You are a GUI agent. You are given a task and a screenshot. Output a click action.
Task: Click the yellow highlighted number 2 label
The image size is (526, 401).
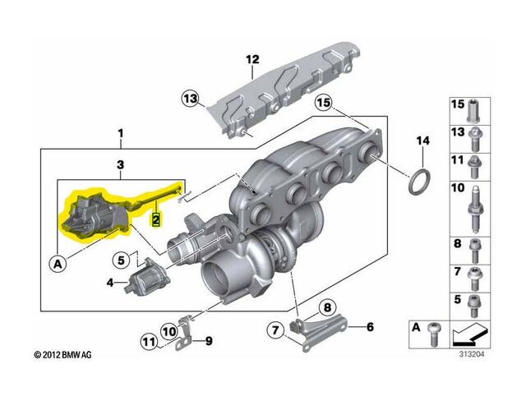point(155,219)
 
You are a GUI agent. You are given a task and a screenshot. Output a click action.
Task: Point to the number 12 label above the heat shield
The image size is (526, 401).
point(252,59)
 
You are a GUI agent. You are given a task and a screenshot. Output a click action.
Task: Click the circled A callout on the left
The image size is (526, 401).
point(58,264)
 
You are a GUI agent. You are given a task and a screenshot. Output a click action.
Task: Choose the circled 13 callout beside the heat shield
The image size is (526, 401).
point(191,99)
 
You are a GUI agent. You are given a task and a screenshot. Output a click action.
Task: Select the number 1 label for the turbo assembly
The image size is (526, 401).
point(121,133)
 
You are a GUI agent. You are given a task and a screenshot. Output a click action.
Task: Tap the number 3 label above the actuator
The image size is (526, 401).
point(121,165)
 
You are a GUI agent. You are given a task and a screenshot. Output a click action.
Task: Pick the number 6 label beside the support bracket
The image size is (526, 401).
point(370,327)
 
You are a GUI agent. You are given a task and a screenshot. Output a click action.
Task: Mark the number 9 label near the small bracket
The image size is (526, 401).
point(207,340)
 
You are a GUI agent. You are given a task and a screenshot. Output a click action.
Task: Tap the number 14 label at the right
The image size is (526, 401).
point(422,141)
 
